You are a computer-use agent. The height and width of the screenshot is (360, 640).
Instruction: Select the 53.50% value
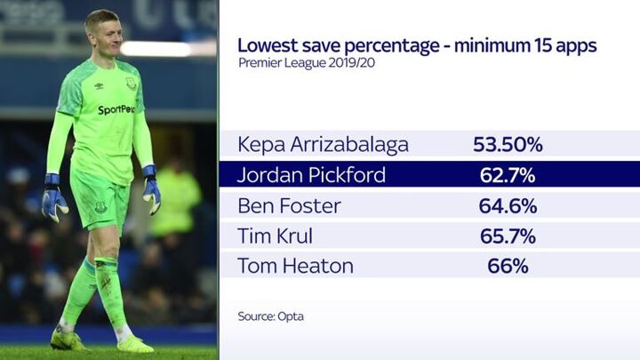508,144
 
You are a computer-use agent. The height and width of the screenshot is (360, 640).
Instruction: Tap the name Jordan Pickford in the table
311,174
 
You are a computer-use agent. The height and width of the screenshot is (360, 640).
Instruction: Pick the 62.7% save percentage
508,174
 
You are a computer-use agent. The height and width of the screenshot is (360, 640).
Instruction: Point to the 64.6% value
508,205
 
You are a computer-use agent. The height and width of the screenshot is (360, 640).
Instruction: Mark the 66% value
508,265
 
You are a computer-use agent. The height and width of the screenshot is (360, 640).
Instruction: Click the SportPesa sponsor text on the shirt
116,110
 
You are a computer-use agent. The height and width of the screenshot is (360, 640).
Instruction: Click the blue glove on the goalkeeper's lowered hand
53,196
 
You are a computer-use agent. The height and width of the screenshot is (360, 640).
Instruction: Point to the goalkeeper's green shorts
100,200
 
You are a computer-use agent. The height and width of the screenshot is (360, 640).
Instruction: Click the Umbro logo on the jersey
98,85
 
